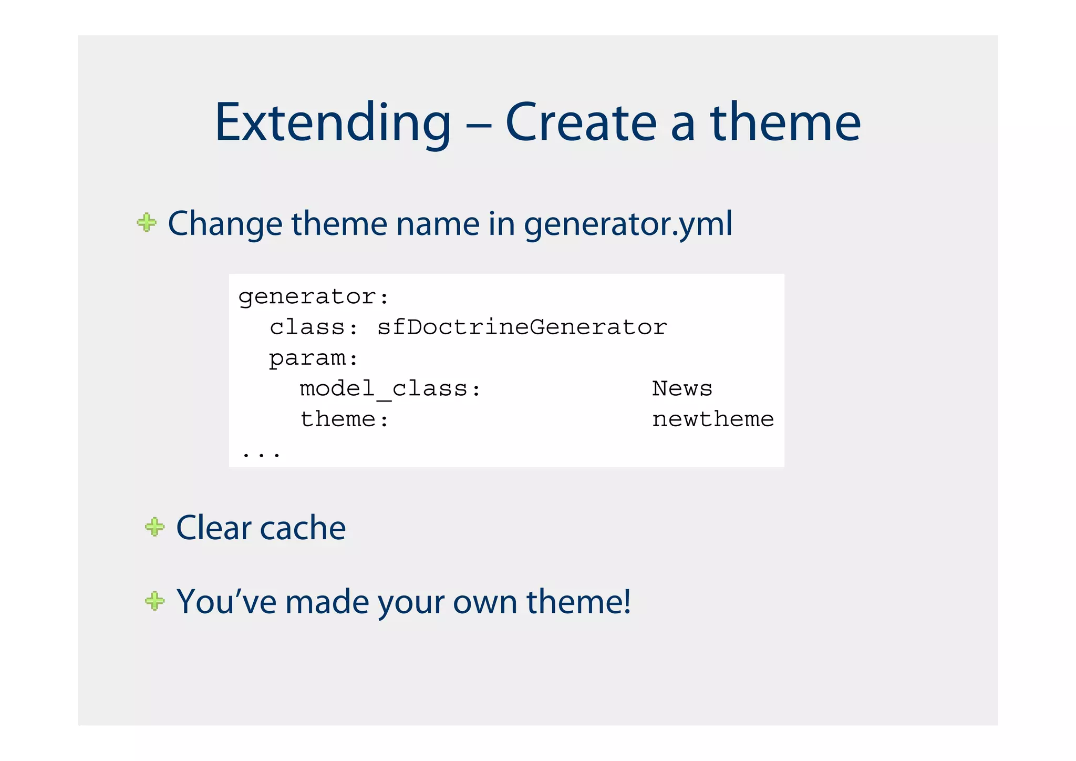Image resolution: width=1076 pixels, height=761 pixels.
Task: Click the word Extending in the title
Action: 333,123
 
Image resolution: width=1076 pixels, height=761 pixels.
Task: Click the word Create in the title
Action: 581,123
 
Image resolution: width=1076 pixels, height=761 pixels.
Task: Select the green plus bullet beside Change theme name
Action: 147,222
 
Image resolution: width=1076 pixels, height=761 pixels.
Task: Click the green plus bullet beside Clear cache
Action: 154,527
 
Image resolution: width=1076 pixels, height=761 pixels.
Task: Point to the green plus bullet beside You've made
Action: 154,601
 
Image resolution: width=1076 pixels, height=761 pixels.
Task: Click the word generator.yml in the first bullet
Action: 628,224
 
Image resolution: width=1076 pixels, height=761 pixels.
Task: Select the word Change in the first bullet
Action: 225,224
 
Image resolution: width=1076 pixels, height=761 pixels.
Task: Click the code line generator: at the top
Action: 314,297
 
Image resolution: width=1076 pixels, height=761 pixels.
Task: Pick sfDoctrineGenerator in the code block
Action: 522,327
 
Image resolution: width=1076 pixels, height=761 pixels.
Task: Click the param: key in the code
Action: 314,358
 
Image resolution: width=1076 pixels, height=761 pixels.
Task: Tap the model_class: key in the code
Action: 390,389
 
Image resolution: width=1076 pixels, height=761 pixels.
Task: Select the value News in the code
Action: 682,389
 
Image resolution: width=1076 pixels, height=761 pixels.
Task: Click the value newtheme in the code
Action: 712,419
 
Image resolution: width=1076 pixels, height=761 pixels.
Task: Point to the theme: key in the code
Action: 344,419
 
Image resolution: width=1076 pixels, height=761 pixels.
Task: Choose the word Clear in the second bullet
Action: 213,528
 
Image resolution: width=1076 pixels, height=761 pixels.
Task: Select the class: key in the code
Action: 314,327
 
